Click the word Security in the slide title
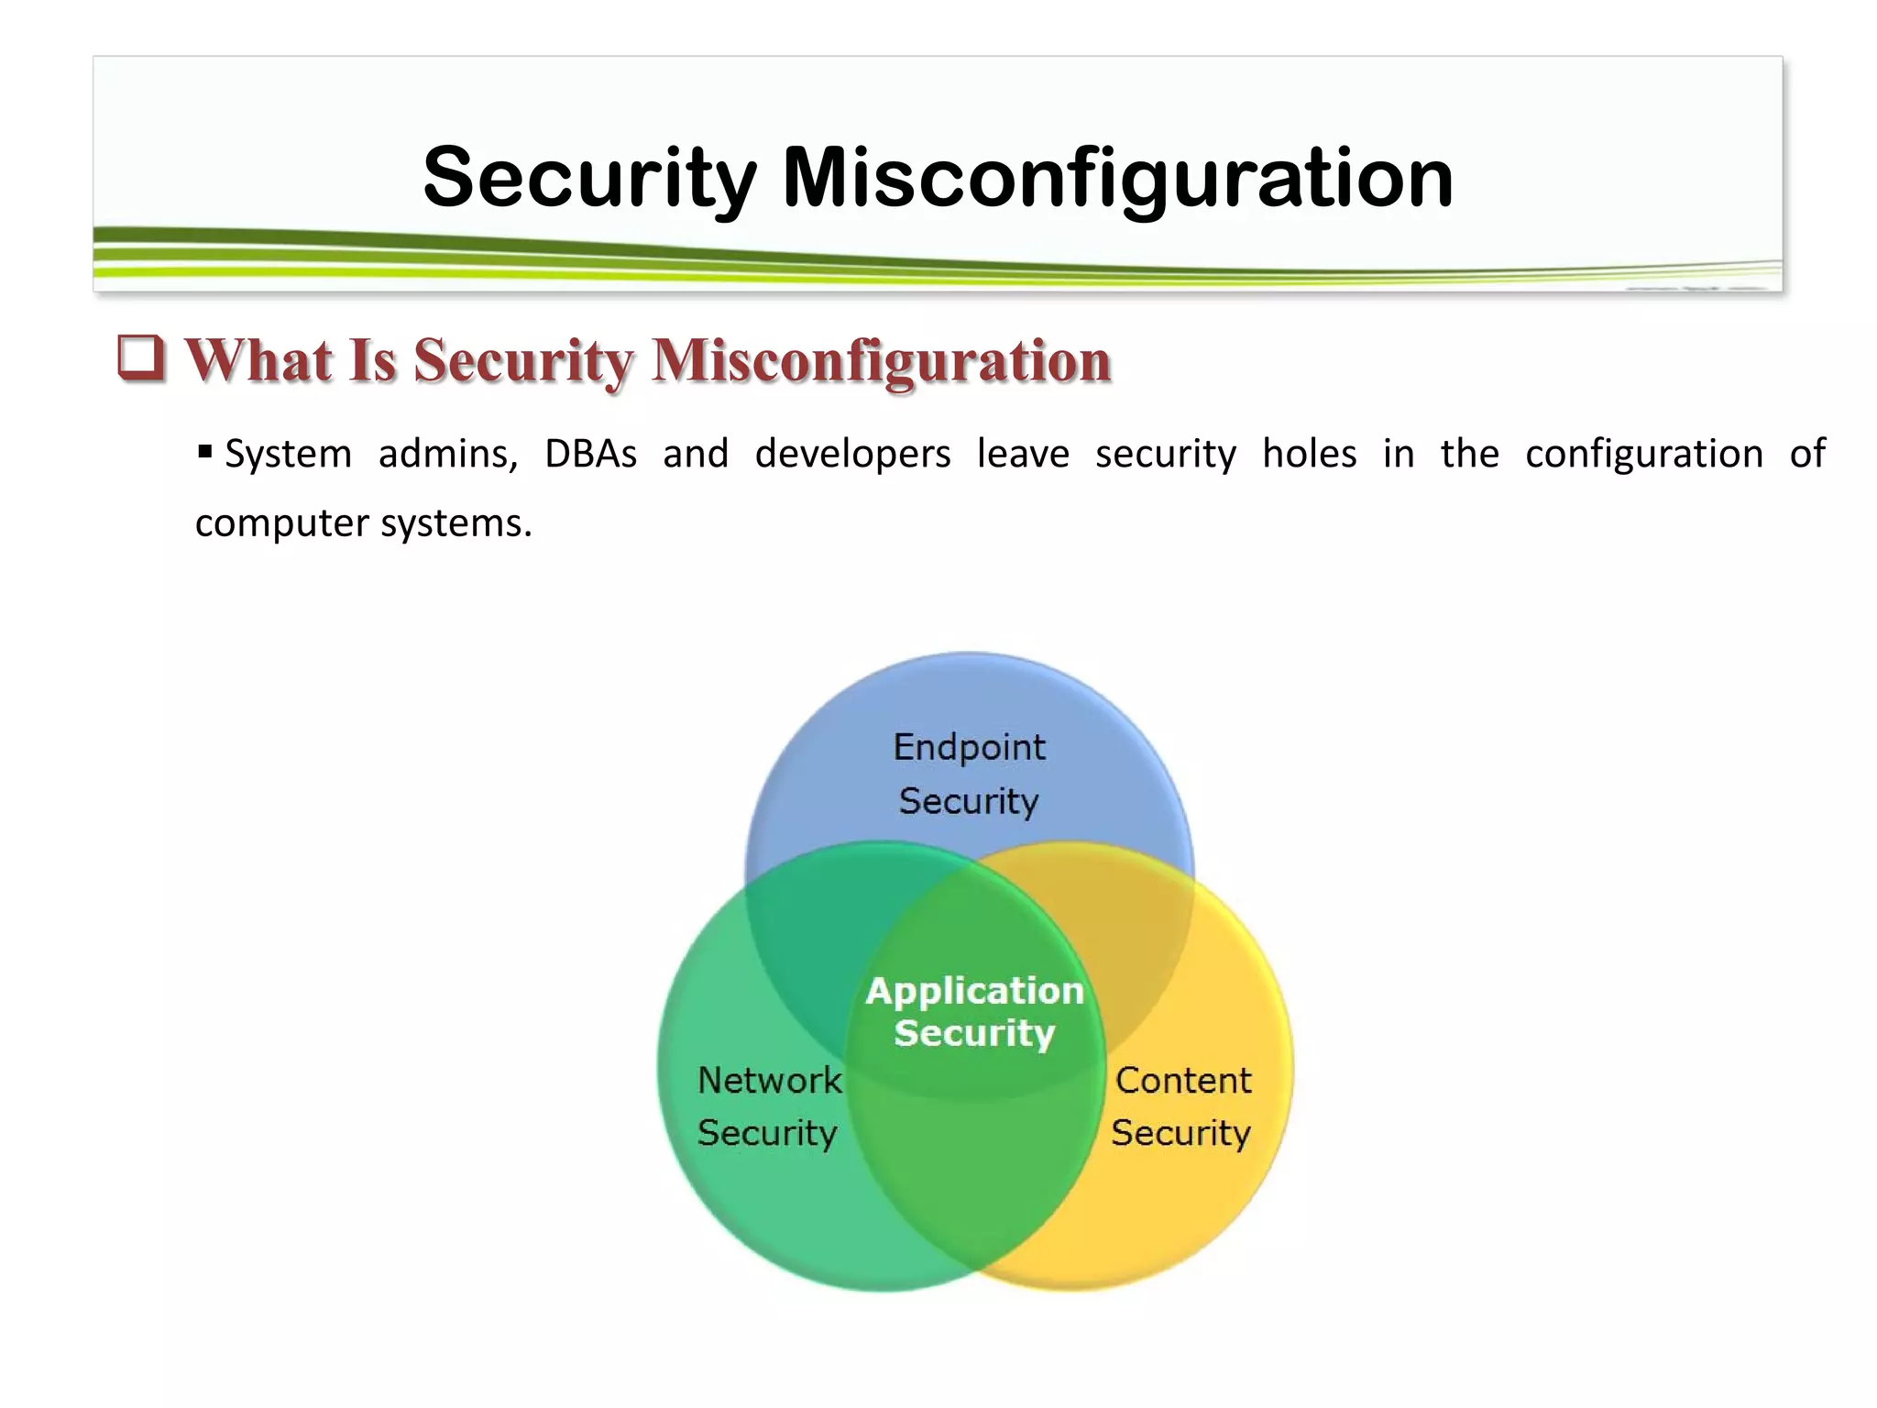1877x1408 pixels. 590,179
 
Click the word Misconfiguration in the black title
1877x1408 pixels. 1117,179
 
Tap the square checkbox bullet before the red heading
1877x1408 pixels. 141,358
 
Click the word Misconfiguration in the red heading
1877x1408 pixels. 881,360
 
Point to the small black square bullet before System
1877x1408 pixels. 205,451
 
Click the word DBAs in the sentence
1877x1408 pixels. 590,454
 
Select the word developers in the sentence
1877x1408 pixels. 852,455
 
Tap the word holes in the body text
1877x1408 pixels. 1309,454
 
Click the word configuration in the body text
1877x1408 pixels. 1644,455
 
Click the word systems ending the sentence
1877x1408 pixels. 456,524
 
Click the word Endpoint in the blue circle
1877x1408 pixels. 969,747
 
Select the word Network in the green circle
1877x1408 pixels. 769,1080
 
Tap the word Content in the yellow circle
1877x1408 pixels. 1183,1080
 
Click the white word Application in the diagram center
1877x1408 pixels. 975,991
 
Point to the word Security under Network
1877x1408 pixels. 767,1133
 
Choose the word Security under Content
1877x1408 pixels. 1180,1133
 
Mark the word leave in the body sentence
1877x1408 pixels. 1023,454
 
